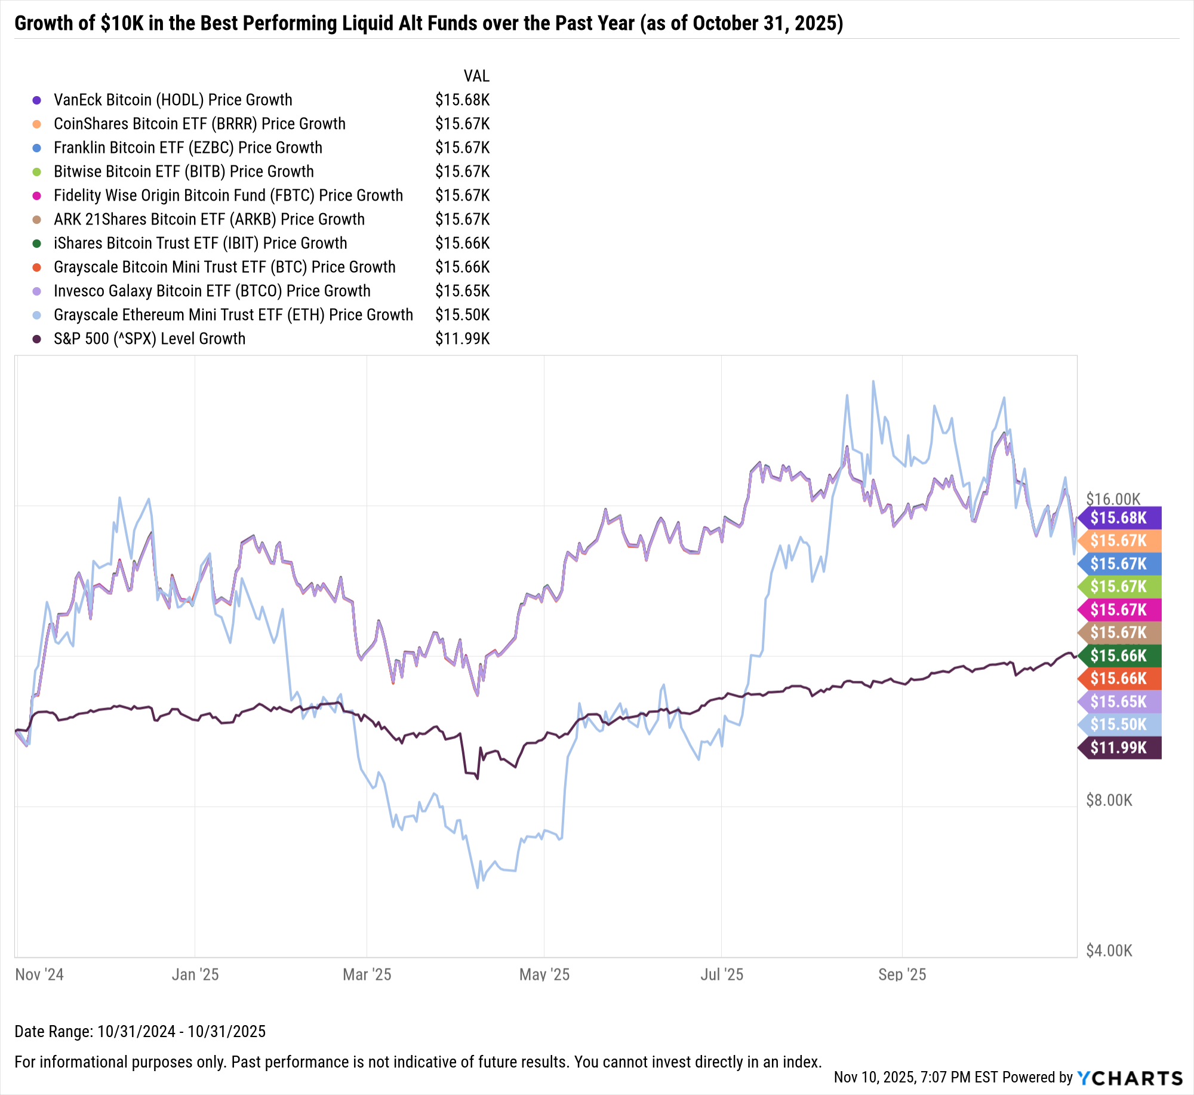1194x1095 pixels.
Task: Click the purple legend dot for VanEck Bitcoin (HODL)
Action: coord(36,100)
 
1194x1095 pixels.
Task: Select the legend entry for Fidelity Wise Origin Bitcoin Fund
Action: coord(228,196)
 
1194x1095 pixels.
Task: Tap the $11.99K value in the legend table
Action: coord(462,339)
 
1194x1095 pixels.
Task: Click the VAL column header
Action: coord(476,76)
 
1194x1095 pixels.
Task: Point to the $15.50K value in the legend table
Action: coord(462,315)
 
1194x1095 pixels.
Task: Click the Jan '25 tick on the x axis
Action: coord(195,975)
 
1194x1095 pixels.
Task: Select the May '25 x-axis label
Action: coord(544,975)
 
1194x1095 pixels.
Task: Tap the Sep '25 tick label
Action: coord(901,975)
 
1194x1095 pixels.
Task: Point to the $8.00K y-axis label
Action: coord(1109,801)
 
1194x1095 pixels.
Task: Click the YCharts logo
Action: coord(1130,1078)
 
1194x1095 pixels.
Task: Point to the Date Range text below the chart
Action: coord(140,1032)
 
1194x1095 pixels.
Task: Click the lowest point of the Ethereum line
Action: coord(477,887)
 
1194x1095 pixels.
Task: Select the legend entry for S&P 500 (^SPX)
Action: coord(149,339)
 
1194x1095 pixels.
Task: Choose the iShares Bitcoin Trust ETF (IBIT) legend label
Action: coord(200,244)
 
